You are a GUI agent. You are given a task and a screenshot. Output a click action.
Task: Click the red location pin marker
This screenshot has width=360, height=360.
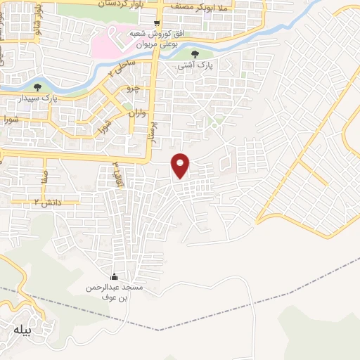point(181,165)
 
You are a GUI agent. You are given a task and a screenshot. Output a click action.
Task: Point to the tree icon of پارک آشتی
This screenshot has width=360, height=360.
point(195,54)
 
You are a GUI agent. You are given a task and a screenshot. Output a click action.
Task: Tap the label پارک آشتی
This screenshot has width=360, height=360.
point(195,65)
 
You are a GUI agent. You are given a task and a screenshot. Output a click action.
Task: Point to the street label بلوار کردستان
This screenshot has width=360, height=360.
point(112,4)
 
